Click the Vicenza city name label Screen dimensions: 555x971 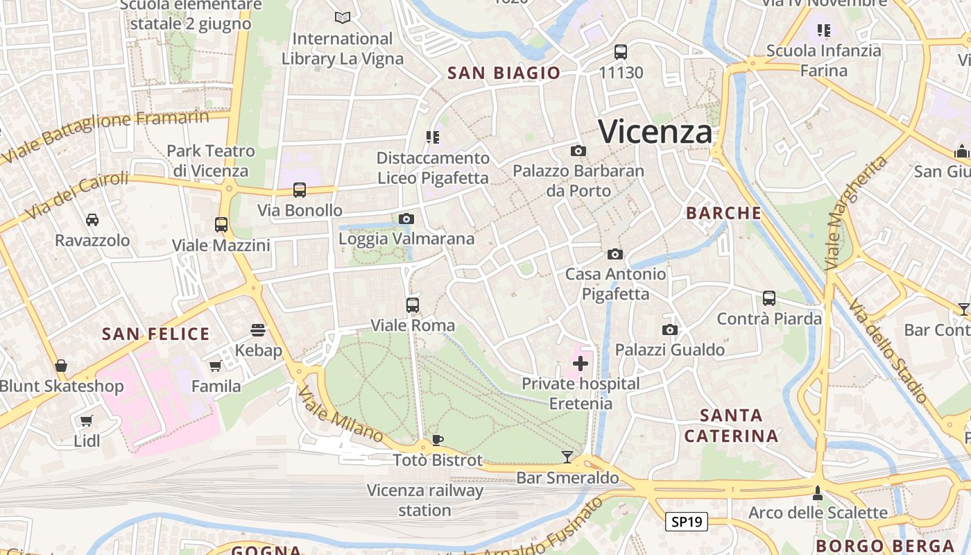pyautogui.click(x=655, y=132)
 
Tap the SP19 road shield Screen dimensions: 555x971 pyautogui.click(x=686, y=522)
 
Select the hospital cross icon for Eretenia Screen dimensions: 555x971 pyautogui.click(x=581, y=363)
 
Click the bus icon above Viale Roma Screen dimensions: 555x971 pyautogui.click(x=413, y=305)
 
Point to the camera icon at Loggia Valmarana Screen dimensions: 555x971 pyautogui.click(x=406, y=219)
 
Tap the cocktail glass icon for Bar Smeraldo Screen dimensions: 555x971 pyautogui.click(x=567, y=456)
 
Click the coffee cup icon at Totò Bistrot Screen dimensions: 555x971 pyautogui.click(x=437, y=439)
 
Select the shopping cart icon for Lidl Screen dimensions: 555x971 pyautogui.click(x=87, y=420)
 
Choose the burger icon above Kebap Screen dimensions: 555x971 pyautogui.click(x=258, y=329)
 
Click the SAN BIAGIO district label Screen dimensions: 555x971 pyautogui.click(x=504, y=73)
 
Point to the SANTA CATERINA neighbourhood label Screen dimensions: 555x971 pyautogui.click(x=731, y=426)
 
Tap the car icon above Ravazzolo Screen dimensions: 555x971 pyautogui.click(x=92, y=220)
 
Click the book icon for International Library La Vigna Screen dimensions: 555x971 pyautogui.click(x=342, y=17)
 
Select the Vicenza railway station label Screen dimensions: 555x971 pyautogui.click(x=424, y=500)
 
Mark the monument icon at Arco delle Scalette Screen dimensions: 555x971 pyautogui.click(x=818, y=493)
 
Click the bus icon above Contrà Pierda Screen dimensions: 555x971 pyautogui.click(x=769, y=298)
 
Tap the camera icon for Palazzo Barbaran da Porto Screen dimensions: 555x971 pyautogui.click(x=578, y=151)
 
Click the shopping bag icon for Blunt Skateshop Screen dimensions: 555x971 pyautogui.click(x=61, y=366)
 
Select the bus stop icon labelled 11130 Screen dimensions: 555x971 pyautogui.click(x=621, y=51)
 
